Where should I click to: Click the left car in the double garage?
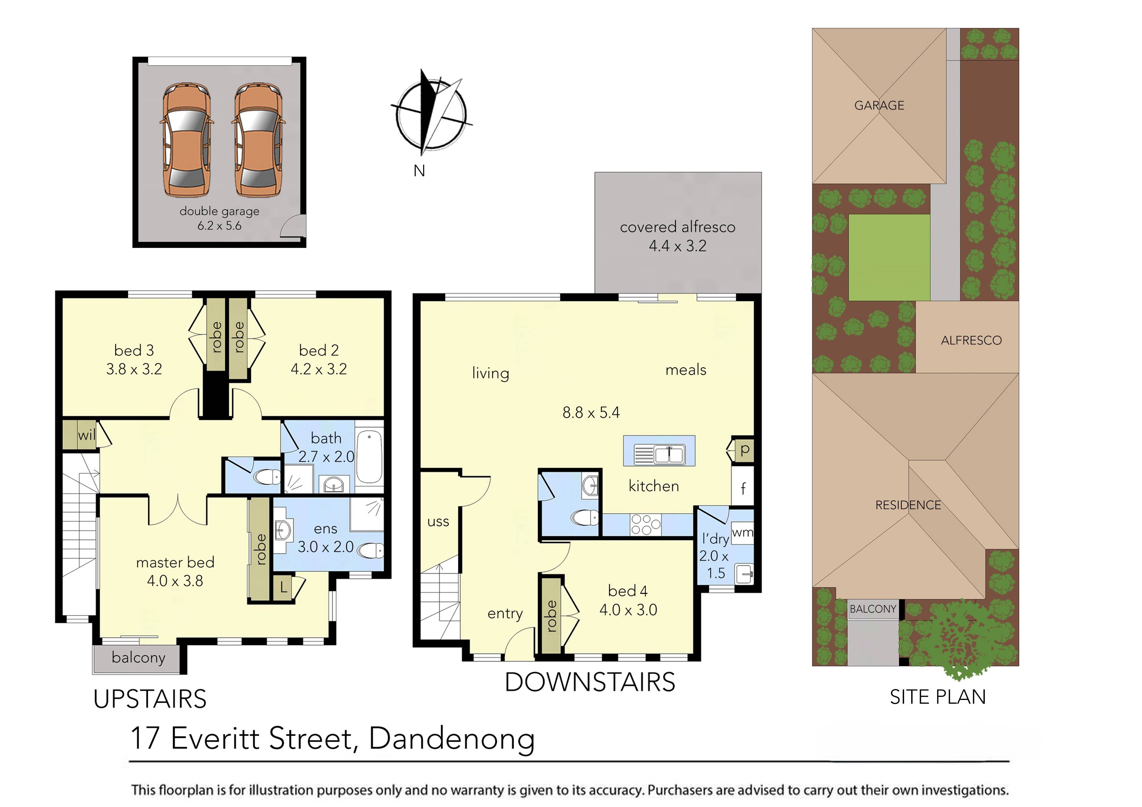click(x=187, y=140)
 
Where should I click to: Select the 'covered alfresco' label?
click(x=677, y=227)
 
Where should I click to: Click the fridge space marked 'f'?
click(x=743, y=489)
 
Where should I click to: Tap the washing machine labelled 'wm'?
click(x=742, y=533)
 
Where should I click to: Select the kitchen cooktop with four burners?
click(x=645, y=525)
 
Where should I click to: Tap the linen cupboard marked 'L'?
click(x=283, y=588)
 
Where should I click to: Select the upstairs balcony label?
click(x=138, y=658)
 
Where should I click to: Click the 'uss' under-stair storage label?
click(x=438, y=522)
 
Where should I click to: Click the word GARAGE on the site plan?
click(x=879, y=105)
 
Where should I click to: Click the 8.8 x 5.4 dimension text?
click(x=591, y=413)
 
